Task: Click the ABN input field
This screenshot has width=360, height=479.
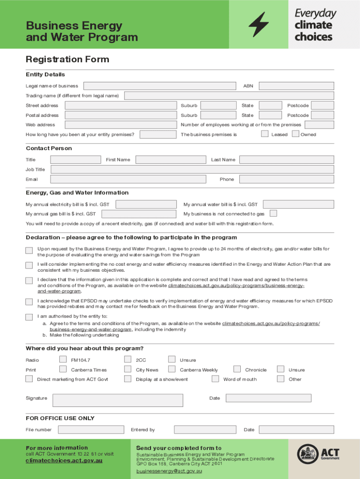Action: tap(296, 86)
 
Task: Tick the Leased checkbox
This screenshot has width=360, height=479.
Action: tap(265, 134)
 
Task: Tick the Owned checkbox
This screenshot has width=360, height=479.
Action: tap(295, 134)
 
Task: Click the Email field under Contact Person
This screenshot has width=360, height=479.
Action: tap(128, 179)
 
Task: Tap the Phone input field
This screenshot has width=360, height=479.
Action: tap(287, 179)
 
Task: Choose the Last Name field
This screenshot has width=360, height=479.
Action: tap(287, 160)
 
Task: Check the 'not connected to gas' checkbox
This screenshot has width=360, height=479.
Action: tap(274, 213)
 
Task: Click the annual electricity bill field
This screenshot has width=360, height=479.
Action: tap(146, 204)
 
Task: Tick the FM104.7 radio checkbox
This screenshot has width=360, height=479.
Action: tap(63, 360)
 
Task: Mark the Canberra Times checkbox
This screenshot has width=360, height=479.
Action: tap(63, 370)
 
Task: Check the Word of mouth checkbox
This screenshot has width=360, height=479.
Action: tap(216, 379)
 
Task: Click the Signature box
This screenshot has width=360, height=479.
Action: tap(117, 400)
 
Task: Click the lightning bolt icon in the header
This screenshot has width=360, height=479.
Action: tap(259, 24)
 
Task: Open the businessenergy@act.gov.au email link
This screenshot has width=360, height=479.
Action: tap(169, 472)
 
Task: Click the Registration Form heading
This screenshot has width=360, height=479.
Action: tap(67, 59)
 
